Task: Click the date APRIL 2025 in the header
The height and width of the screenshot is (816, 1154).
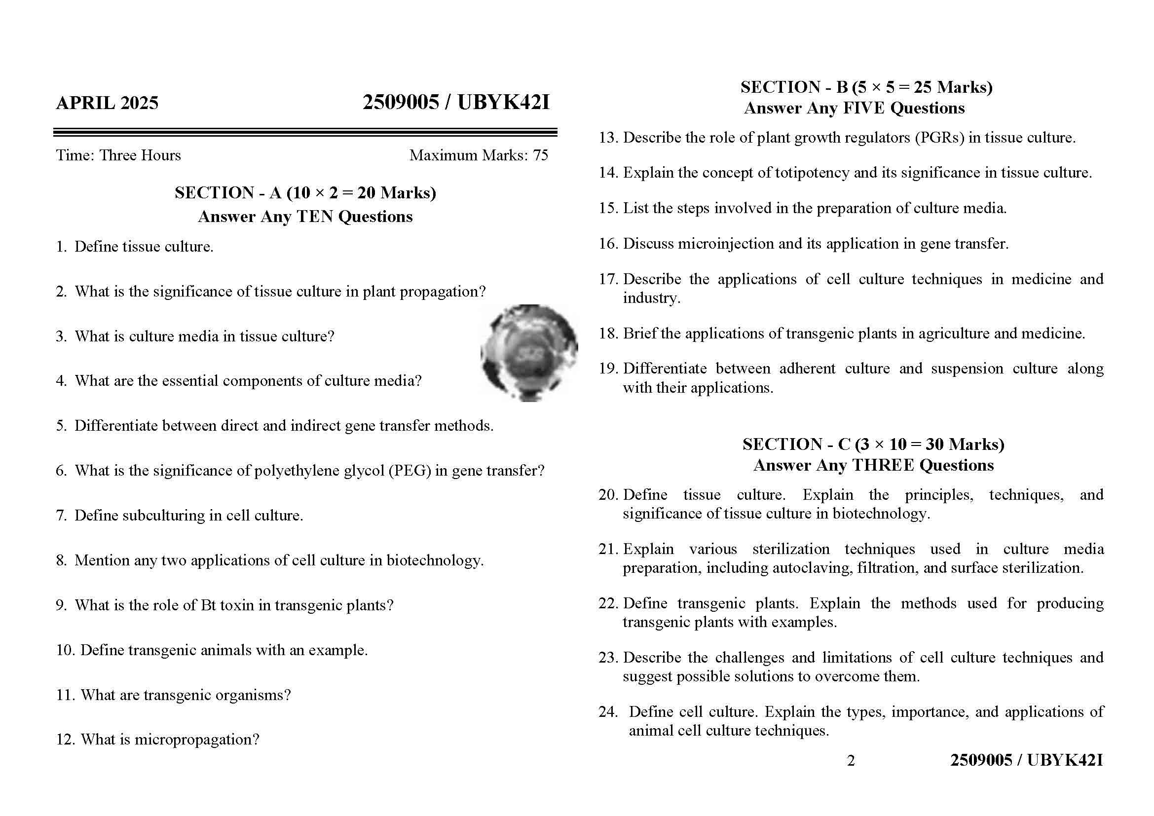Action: point(107,103)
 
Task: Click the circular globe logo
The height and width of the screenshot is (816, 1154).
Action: point(529,353)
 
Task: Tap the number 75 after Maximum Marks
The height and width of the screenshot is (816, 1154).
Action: point(540,155)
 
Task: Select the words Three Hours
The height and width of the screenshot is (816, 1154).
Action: point(140,155)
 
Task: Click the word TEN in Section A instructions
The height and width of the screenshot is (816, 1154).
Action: point(315,217)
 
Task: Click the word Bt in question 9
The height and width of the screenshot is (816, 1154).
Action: point(208,605)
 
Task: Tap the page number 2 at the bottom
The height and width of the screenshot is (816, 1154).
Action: point(851,761)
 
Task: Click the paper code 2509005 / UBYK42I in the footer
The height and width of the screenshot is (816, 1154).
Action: point(1026,760)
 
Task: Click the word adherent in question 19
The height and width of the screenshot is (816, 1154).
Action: point(807,369)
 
